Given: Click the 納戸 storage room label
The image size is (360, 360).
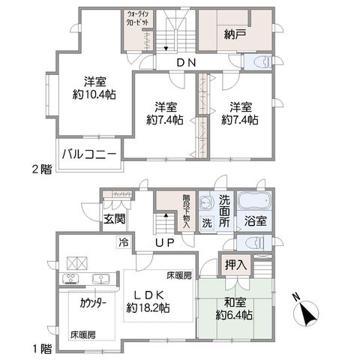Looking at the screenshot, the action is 234,34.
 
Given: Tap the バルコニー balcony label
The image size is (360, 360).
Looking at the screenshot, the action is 89,154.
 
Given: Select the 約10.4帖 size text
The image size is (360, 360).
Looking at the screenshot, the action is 94,94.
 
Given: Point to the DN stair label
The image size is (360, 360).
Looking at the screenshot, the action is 186,62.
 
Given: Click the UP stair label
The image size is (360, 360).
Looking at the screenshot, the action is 164,242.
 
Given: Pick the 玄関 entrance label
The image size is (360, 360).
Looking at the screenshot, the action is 115,220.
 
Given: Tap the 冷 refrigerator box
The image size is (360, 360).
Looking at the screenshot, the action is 124,242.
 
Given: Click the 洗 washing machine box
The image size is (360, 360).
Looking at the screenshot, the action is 207,223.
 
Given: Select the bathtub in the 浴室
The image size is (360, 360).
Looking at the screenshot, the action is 254,201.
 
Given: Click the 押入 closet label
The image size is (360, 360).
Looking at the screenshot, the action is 236,265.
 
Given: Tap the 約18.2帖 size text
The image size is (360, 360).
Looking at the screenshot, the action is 148,307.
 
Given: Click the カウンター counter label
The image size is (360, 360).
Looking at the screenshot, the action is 93,304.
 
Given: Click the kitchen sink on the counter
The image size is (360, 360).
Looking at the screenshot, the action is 100,279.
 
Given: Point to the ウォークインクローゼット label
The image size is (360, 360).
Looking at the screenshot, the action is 138,18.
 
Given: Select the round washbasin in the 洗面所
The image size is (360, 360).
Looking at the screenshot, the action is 205,202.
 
